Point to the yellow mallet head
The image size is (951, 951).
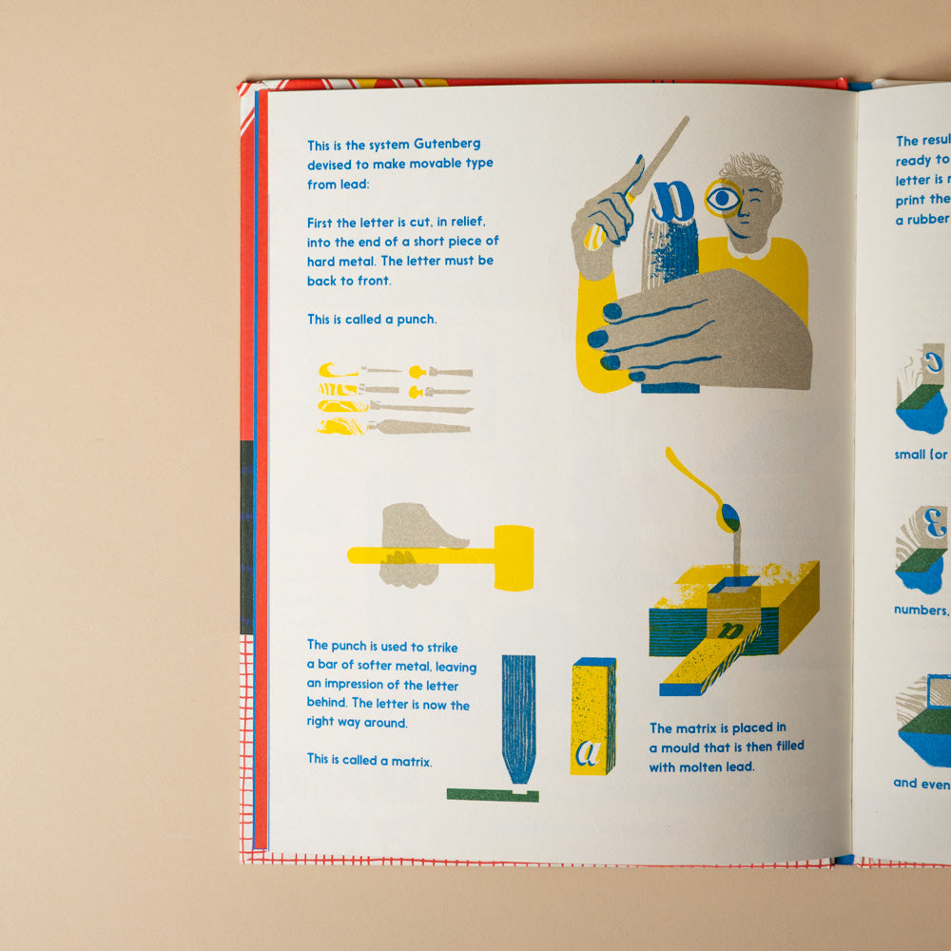coord(514,557)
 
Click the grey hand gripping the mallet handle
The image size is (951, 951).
coord(414,542)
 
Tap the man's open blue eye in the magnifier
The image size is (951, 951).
coord(724,198)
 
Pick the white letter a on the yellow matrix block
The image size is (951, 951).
coord(588,752)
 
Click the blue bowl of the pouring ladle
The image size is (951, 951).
coord(730,518)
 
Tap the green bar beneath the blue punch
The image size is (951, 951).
coord(493,794)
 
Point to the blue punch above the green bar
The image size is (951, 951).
coord(519,713)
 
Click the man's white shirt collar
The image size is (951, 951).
coord(751,249)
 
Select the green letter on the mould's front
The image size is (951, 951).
coord(730,631)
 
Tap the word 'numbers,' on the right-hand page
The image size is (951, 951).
coord(921,611)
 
